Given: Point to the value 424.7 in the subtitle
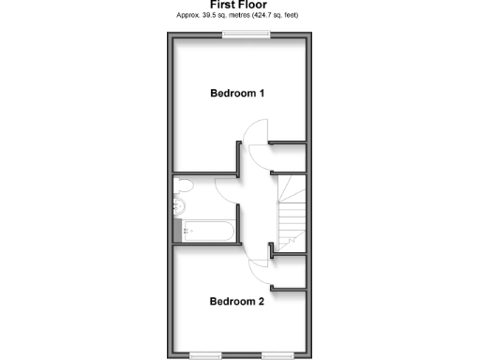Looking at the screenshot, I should pos(273,16).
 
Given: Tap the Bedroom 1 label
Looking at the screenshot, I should pos(237,94).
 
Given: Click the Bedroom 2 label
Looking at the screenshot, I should pos(237,302).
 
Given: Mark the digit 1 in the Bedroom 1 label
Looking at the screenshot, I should pos(262,94).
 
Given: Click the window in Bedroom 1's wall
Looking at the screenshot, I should pos(246,34).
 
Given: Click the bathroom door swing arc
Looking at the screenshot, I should pos(226,187).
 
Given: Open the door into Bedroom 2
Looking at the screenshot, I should pos(257,271).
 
